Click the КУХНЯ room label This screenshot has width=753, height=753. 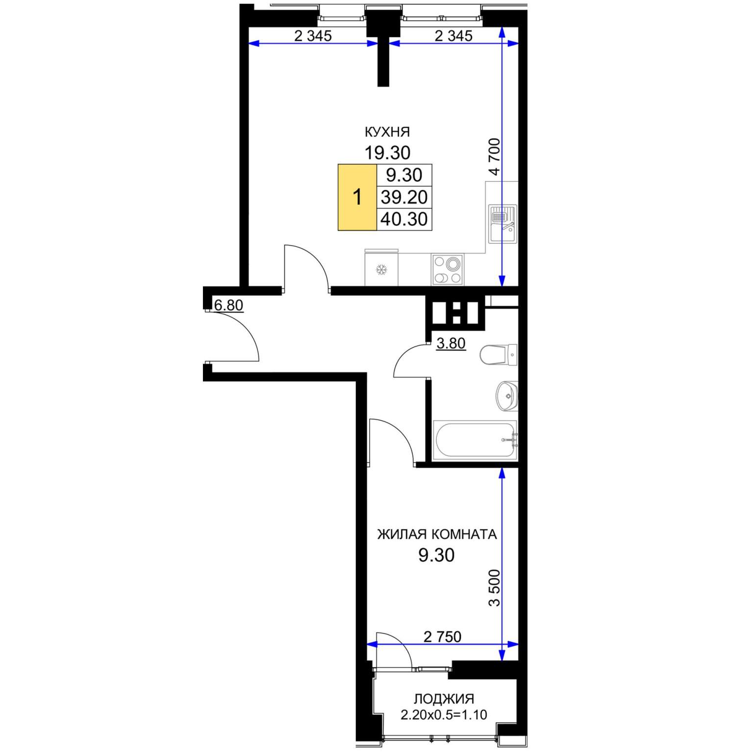pos(387,132)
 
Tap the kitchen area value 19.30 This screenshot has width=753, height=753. pos(387,153)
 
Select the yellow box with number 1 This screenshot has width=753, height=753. pos(357,197)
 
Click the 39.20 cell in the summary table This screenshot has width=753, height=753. pos(404,197)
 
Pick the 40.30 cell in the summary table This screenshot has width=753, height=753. pos(404,219)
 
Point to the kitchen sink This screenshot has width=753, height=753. pos(502,224)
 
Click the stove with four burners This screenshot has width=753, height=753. pos(448,269)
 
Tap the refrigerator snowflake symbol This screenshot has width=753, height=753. pos(381,269)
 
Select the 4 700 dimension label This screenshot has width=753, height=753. pos(494,156)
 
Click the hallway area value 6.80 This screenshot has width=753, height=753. pos(228,305)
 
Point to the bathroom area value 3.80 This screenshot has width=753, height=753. pos(451,343)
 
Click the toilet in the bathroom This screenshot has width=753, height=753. pos(498,354)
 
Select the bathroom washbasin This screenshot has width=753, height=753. pos(507,396)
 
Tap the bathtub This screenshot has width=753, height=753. pos(475,440)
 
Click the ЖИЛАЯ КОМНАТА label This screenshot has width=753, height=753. pos(437,534)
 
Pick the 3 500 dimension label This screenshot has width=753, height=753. pos(494,588)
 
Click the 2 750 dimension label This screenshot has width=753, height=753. pos(442,636)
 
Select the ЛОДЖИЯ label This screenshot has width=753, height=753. pos(444,699)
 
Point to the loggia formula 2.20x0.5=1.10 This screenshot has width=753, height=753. pos(444,715)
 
